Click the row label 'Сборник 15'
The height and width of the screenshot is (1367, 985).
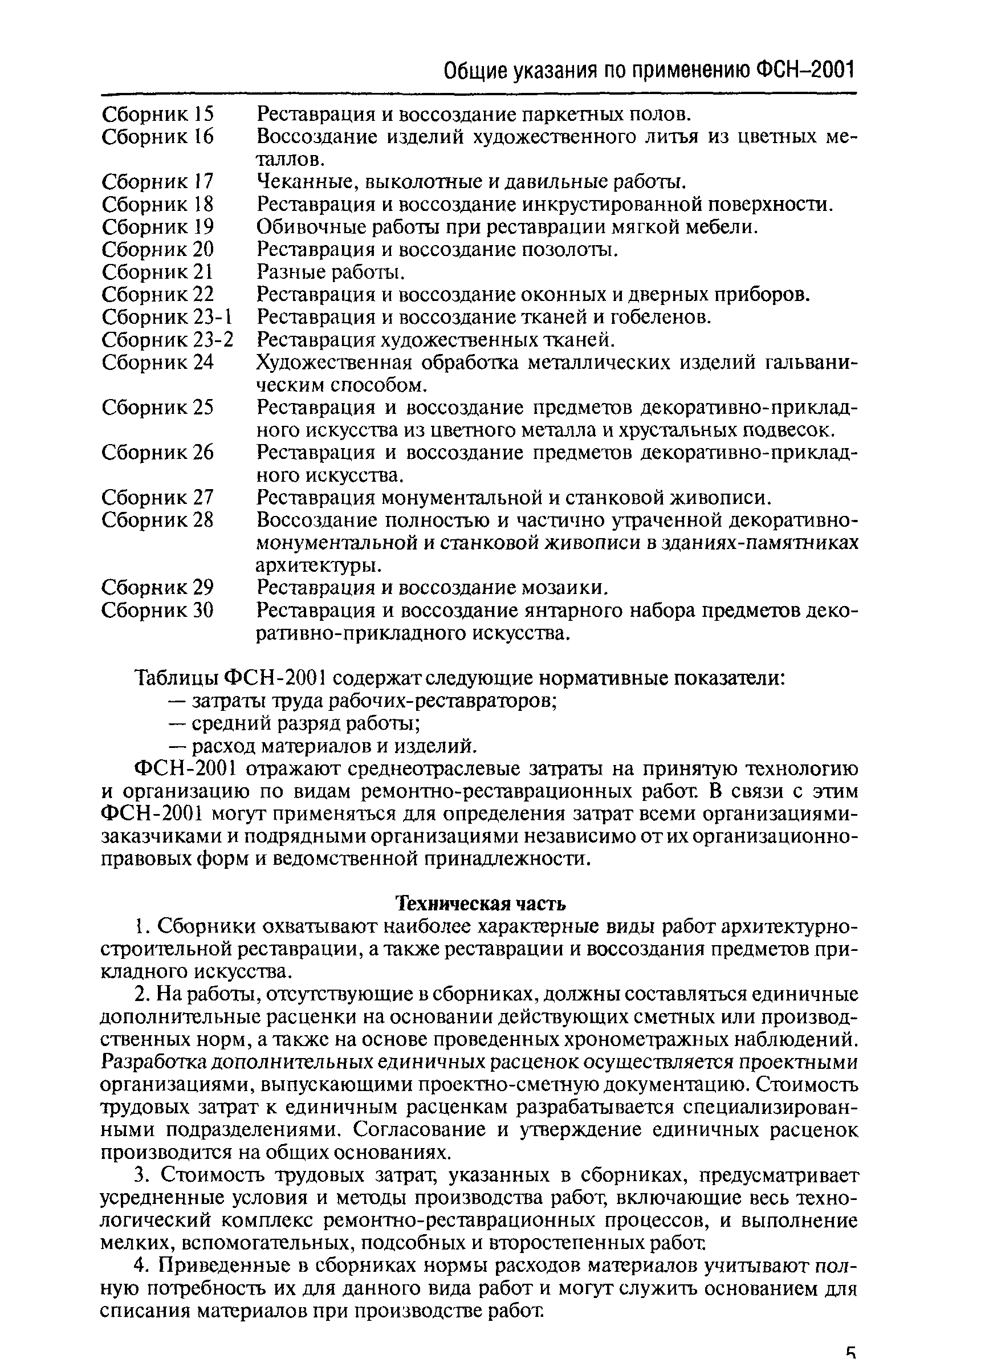tap(158, 114)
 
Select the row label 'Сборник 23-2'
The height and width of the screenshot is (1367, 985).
tap(168, 340)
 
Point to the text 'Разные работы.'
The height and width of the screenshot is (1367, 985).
tap(331, 272)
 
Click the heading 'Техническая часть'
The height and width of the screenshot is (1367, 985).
tap(481, 904)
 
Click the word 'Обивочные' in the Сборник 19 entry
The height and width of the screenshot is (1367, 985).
tap(304, 227)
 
